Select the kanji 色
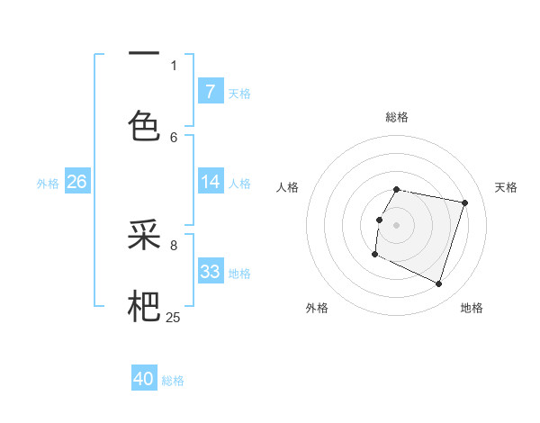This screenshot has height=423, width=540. pyautogui.click(x=144, y=123)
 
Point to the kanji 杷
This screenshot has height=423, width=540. pyautogui.click(x=144, y=306)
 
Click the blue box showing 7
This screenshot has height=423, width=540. pyautogui.click(x=210, y=92)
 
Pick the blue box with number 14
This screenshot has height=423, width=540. pyautogui.click(x=210, y=182)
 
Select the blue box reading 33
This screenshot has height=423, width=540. pyautogui.click(x=210, y=272)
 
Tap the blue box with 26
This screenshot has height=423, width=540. pyautogui.click(x=76, y=182)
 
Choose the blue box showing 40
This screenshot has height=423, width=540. pyautogui.click(x=144, y=380)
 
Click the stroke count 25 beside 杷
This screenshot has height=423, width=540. pyautogui.click(x=173, y=317)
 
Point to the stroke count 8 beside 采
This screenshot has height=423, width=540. pyautogui.click(x=174, y=244)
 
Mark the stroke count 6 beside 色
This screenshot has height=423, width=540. pyautogui.click(x=174, y=137)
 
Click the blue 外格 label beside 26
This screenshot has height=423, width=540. pyautogui.click(x=48, y=183)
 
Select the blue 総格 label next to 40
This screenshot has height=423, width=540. pyautogui.click(x=173, y=381)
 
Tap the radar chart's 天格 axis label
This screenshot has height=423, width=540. pyautogui.click(x=506, y=187)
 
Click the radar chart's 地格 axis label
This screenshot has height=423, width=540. pyautogui.click(x=472, y=308)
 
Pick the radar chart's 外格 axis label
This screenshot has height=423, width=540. pyautogui.click(x=317, y=308)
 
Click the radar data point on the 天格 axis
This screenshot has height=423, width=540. pyautogui.click(x=465, y=203)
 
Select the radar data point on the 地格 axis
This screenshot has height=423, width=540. pyautogui.click(x=438, y=284)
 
